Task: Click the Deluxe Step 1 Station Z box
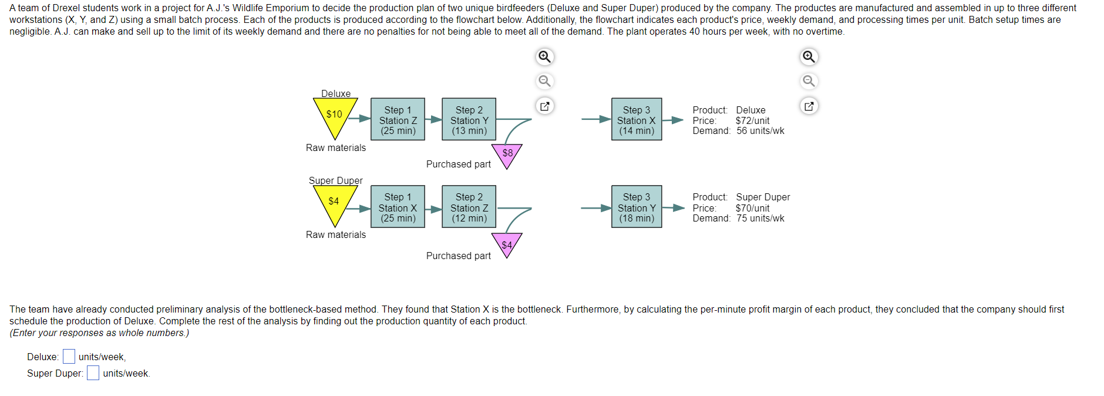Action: coord(398,119)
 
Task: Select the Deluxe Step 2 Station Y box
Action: coord(469,119)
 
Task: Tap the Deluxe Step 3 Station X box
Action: coord(637,119)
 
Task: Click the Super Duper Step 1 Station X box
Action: coord(398,207)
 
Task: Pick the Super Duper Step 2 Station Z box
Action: coord(469,207)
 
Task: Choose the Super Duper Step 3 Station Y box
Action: coord(637,207)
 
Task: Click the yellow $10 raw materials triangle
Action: coord(335,115)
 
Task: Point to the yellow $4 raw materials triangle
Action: coord(335,203)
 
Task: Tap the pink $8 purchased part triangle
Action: coord(507,155)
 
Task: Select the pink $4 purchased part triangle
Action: coord(507,244)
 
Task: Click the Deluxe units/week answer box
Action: coord(69,357)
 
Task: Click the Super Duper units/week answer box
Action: coord(93,373)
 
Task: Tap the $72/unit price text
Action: coord(752,120)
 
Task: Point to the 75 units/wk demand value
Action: coord(760,218)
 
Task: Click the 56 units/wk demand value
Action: coord(760,130)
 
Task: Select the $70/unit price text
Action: coord(752,208)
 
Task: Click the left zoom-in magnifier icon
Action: coord(545,56)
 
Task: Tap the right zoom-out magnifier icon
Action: coord(809,81)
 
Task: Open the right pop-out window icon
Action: coord(809,106)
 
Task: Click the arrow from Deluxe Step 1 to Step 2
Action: coord(433,119)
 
